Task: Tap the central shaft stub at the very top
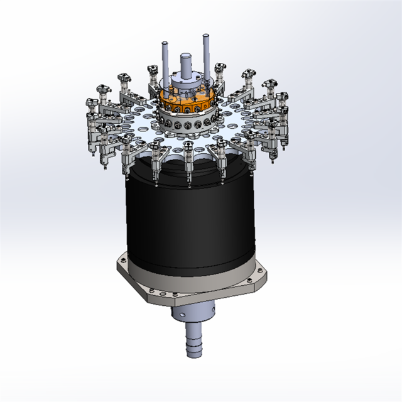click(187, 63)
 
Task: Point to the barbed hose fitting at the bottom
click(195, 345)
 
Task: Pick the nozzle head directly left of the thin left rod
click(151, 69)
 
